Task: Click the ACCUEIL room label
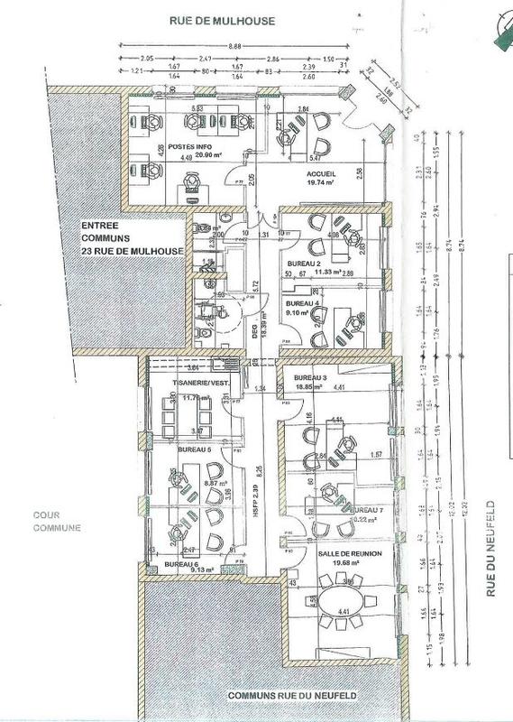[321, 173]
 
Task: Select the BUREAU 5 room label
[195, 449]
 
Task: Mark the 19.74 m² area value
[321, 182]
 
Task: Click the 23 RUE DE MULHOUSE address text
[132, 250]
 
